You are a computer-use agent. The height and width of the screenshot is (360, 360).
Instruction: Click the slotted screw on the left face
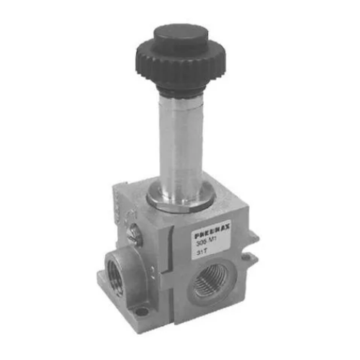(x=134, y=233)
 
